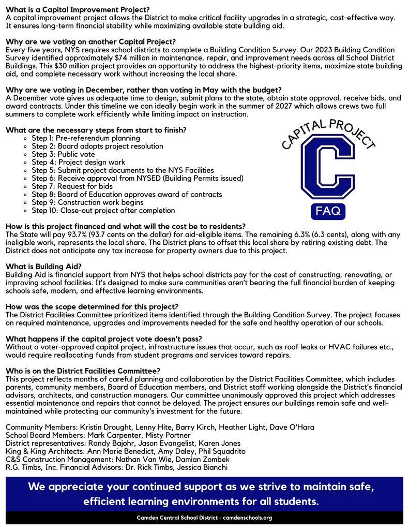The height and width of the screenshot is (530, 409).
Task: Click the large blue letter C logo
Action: pos(328,169)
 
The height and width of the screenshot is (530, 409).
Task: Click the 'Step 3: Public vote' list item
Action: pos(63,154)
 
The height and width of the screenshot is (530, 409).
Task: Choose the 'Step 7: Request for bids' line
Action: pos(72,186)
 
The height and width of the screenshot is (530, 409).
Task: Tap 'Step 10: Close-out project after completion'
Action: pos(103,211)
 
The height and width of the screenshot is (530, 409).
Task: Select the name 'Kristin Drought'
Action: pos(105,427)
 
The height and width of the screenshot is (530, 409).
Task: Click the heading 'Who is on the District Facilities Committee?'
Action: pos(83,371)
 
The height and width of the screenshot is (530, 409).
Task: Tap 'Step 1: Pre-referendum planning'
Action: pos(86,138)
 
